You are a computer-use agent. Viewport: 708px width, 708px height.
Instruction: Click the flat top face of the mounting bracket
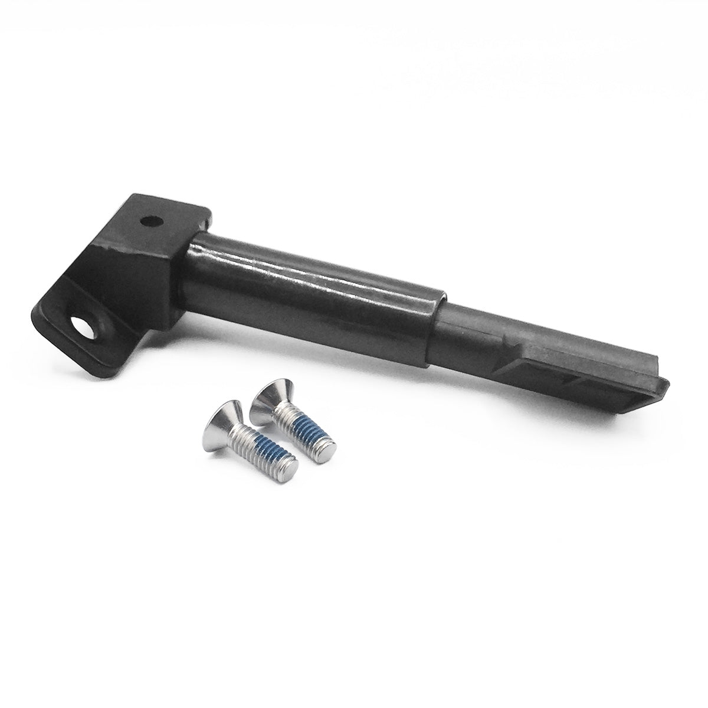click(x=159, y=227)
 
